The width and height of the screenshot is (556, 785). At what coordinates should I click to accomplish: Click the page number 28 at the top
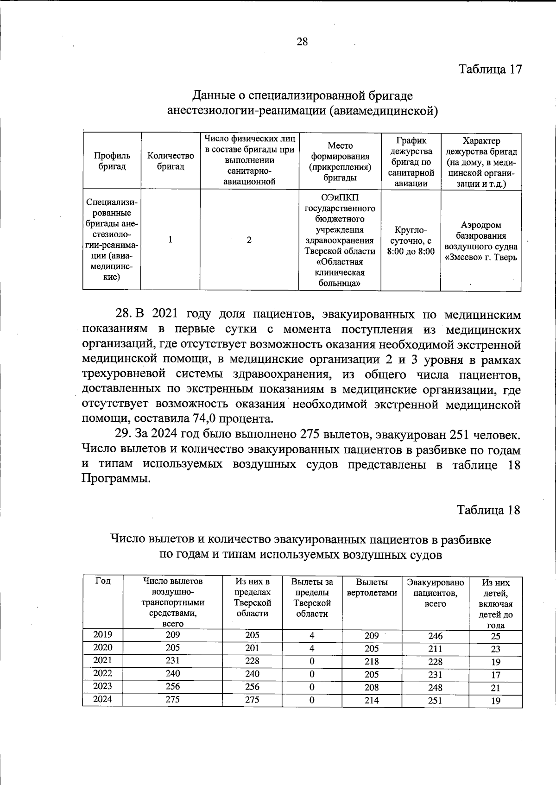pyautogui.click(x=302, y=42)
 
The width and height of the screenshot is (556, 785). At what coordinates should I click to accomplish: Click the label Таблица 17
pyautogui.click(x=490, y=69)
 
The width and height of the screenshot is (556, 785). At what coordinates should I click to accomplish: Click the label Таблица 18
pyautogui.click(x=488, y=510)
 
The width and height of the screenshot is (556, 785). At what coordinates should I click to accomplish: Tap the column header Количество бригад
pyautogui.click(x=170, y=161)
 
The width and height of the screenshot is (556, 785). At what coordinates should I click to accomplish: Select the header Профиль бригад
pyautogui.click(x=112, y=161)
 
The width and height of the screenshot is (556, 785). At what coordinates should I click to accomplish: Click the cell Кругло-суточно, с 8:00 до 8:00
pyautogui.click(x=411, y=241)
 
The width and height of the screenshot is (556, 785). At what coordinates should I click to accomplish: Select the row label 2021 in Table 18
pyautogui.click(x=102, y=660)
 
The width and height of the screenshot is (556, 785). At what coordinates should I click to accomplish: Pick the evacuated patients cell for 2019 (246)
pyautogui.click(x=435, y=636)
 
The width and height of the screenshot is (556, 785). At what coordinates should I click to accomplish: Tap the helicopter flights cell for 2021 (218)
pyautogui.click(x=372, y=662)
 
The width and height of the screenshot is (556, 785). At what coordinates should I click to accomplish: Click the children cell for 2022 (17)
pyautogui.click(x=495, y=675)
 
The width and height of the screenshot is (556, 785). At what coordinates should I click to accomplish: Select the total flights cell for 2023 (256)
pyautogui.click(x=173, y=686)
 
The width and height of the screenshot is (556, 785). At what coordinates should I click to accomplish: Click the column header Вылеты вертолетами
pyautogui.click(x=372, y=587)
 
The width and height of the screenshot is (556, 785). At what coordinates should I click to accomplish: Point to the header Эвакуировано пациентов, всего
pyautogui.click(x=435, y=593)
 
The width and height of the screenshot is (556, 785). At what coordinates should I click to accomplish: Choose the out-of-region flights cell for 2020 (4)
pyautogui.click(x=312, y=648)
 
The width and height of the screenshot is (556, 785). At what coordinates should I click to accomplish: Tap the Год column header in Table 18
pyautogui.click(x=102, y=581)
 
